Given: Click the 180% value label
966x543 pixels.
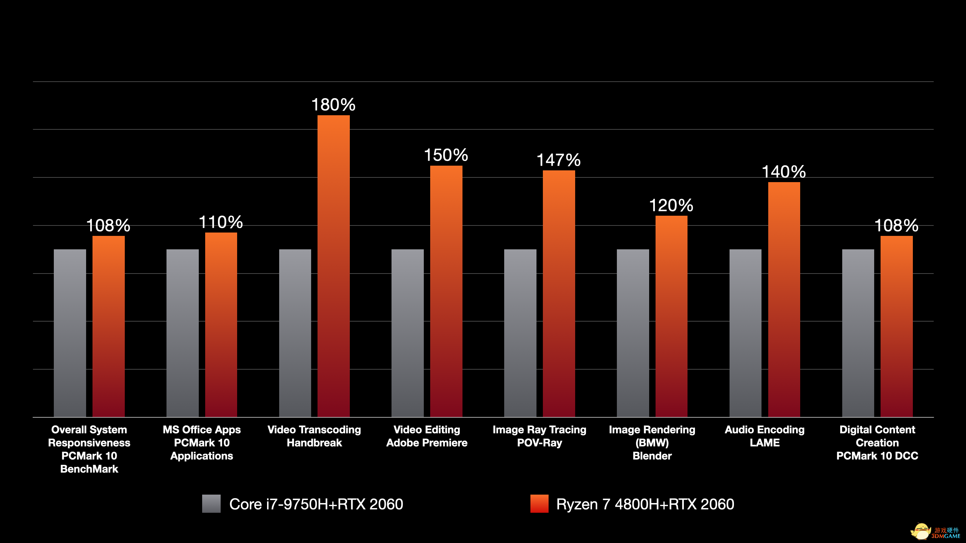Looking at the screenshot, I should coord(333,105).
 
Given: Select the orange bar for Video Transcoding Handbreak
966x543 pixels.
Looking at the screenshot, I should coord(333,266).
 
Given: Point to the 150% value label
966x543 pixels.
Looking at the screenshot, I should coord(446,155).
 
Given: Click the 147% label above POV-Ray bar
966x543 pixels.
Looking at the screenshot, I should coord(559,160).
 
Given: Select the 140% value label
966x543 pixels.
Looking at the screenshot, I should coord(784,172).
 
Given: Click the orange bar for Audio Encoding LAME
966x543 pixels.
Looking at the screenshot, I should coord(784,299).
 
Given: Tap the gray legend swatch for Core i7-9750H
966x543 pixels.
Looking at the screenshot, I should coord(211,504).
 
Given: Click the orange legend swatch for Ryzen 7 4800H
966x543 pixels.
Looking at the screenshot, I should coord(539,504).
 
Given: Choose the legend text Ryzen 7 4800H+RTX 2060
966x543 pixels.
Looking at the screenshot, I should coord(645,504).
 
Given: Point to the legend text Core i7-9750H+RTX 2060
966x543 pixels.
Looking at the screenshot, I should coord(316,504).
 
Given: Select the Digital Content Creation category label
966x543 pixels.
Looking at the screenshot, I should coord(877,443).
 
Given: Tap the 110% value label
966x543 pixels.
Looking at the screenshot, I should coord(221,222).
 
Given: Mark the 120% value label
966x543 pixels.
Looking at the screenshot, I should coord(671,205).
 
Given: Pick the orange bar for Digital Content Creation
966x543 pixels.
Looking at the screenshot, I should coord(896,326).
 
